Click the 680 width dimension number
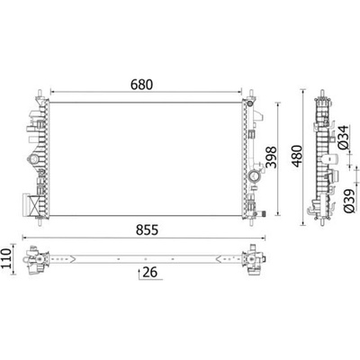click(141, 85)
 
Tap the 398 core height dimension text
click(271, 157)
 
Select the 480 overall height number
click(297, 156)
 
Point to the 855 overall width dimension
click(147, 230)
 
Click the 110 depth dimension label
click(6, 259)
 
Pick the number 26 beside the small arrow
click(149, 273)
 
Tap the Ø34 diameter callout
click(343, 137)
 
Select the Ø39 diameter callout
click(349, 202)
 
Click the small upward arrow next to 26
click(139, 274)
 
